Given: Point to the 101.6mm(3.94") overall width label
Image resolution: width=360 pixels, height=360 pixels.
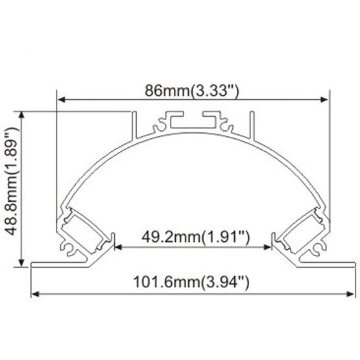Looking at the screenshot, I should point(192,282).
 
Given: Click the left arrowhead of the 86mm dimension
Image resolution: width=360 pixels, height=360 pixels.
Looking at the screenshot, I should point(62,99).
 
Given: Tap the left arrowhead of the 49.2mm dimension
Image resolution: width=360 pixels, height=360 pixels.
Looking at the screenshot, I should point(119,247).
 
